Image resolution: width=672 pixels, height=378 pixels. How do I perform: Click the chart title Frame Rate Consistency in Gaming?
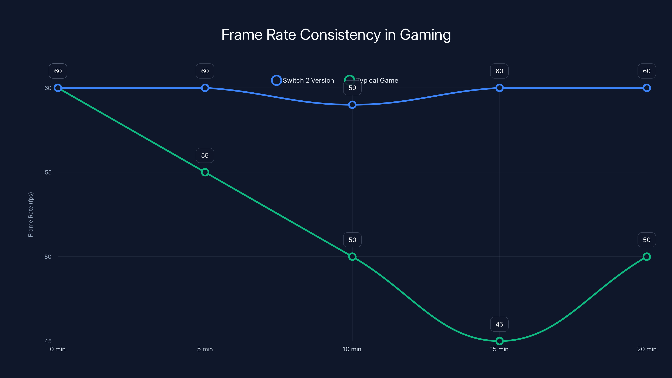pos(336,35)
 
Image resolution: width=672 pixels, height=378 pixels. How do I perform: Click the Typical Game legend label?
pos(377,80)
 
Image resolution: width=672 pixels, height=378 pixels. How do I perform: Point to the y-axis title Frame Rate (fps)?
pos(31,214)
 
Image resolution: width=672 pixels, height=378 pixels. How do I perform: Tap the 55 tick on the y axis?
pos(48,172)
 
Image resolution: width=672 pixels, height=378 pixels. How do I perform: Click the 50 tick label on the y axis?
pos(48,257)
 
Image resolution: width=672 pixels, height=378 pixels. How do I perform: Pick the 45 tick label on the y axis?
pos(48,341)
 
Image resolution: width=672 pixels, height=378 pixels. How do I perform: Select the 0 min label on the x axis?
pos(58,349)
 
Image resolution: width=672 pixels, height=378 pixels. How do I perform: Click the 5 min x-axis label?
pos(205,349)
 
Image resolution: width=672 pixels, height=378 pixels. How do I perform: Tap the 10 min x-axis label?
pos(352,349)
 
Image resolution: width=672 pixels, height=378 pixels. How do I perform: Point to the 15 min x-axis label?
pos(499,349)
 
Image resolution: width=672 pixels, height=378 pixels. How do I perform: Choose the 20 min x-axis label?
pos(647,349)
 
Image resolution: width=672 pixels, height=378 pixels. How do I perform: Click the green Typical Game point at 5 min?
pos(205,172)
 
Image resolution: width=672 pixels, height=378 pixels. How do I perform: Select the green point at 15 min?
pos(499,341)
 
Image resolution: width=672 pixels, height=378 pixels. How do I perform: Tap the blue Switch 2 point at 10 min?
pos(352,105)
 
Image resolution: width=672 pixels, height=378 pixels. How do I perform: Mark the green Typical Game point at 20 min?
pos(647,257)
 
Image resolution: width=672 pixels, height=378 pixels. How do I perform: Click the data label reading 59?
pos(352,88)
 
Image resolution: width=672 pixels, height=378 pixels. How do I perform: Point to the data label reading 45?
pos(499,324)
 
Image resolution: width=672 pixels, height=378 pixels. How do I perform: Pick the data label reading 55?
pos(205,155)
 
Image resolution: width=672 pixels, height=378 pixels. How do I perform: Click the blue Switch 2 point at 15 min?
pos(499,88)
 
